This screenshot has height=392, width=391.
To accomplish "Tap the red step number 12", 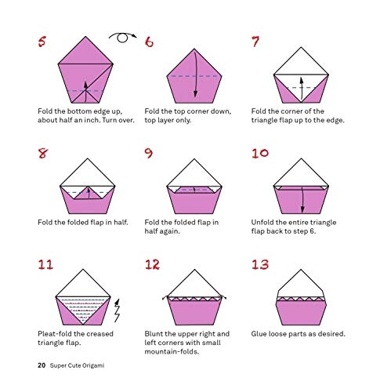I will click(x=154, y=264).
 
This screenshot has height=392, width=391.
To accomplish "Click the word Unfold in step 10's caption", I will click(x=264, y=222).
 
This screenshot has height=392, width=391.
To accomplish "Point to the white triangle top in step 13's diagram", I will click(x=302, y=288).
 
